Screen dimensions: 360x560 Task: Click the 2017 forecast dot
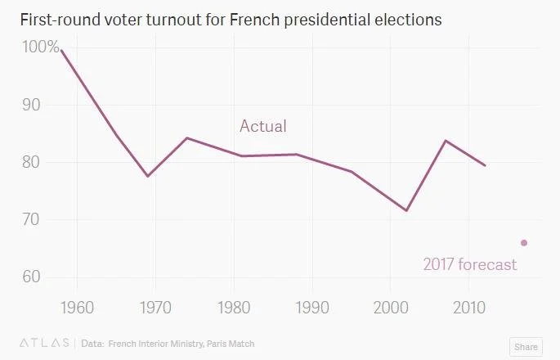(524, 242)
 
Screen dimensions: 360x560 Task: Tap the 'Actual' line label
(262, 126)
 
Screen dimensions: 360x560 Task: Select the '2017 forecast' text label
(469, 264)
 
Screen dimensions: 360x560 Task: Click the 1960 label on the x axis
(77, 310)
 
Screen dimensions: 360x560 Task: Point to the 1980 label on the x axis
(234, 310)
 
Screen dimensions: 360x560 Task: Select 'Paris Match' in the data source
(240, 344)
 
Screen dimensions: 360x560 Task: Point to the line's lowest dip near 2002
(406, 210)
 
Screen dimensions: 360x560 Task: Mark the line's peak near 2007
(446, 141)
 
